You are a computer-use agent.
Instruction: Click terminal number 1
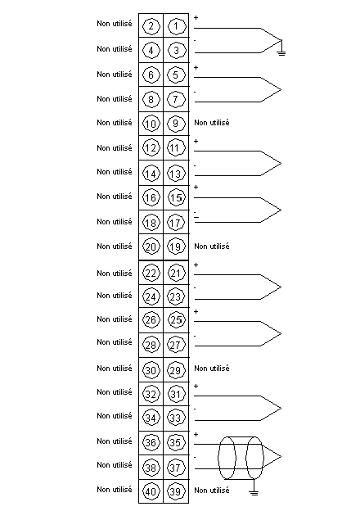click(176, 26)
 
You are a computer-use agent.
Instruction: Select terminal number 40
click(151, 491)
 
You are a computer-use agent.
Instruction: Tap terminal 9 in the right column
click(176, 123)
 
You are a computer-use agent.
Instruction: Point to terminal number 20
click(151, 246)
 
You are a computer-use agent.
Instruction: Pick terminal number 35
click(176, 442)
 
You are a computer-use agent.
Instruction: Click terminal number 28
click(151, 345)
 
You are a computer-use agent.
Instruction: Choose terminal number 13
click(176, 174)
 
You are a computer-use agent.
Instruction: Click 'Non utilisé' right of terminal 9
click(212, 123)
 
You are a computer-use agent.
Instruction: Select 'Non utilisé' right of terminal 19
click(212, 246)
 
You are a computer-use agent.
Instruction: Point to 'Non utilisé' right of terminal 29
click(212, 369)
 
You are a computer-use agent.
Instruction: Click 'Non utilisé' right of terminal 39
click(212, 491)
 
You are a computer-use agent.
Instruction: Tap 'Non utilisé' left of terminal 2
click(115, 24)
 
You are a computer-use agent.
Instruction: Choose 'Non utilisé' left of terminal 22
click(115, 273)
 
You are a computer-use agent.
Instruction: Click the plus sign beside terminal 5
click(196, 67)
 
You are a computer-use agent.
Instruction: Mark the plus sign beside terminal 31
click(196, 387)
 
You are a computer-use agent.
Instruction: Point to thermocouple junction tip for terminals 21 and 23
click(281, 287)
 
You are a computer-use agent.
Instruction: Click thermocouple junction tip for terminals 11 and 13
click(281, 164)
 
